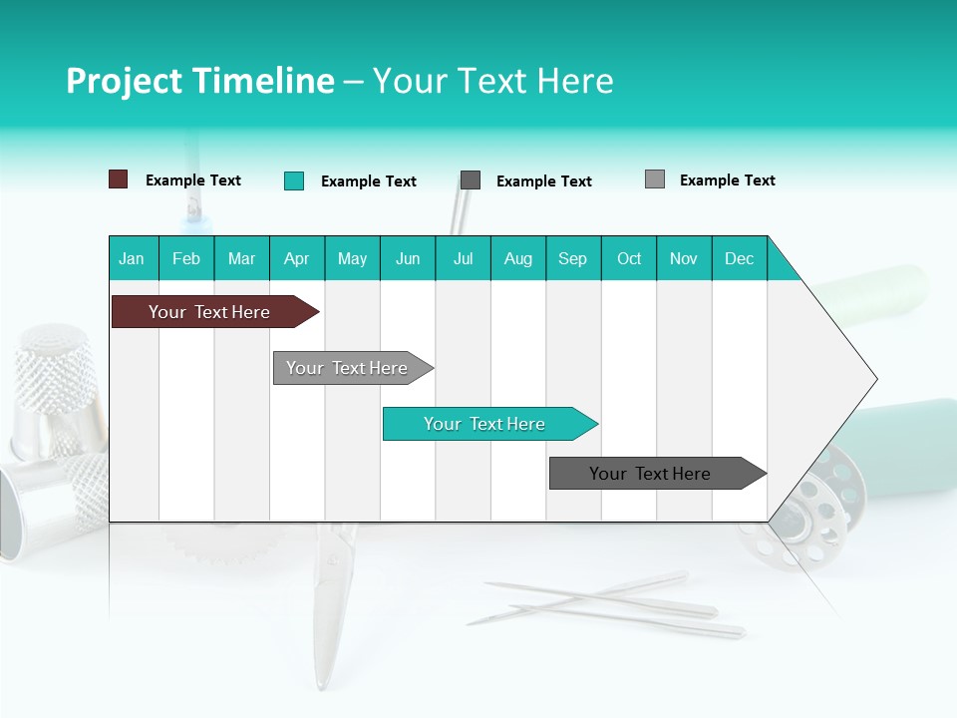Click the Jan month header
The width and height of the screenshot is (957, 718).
pyautogui.click(x=132, y=258)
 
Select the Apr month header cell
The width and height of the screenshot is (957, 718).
pyautogui.click(x=297, y=258)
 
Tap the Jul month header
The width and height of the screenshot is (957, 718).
pyautogui.click(x=463, y=258)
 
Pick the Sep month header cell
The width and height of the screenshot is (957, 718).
pyautogui.click(x=573, y=258)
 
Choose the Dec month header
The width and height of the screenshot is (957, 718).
pyautogui.click(x=739, y=258)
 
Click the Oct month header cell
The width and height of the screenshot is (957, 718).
pyautogui.click(x=629, y=258)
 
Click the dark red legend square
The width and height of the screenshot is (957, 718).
pyautogui.click(x=118, y=179)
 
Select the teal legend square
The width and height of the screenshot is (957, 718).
pyautogui.click(x=293, y=180)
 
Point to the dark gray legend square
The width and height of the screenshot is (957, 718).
pyautogui.click(x=471, y=180)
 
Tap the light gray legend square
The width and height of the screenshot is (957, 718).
pyautogui.click(x=655, y=179)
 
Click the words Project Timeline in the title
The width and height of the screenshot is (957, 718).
pyautogui.click(x=200, y=81)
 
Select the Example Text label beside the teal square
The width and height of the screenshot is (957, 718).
pyautogui.click(x=369, y=181)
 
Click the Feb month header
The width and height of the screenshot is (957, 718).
pyautogui.click(x=186, y=258)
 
